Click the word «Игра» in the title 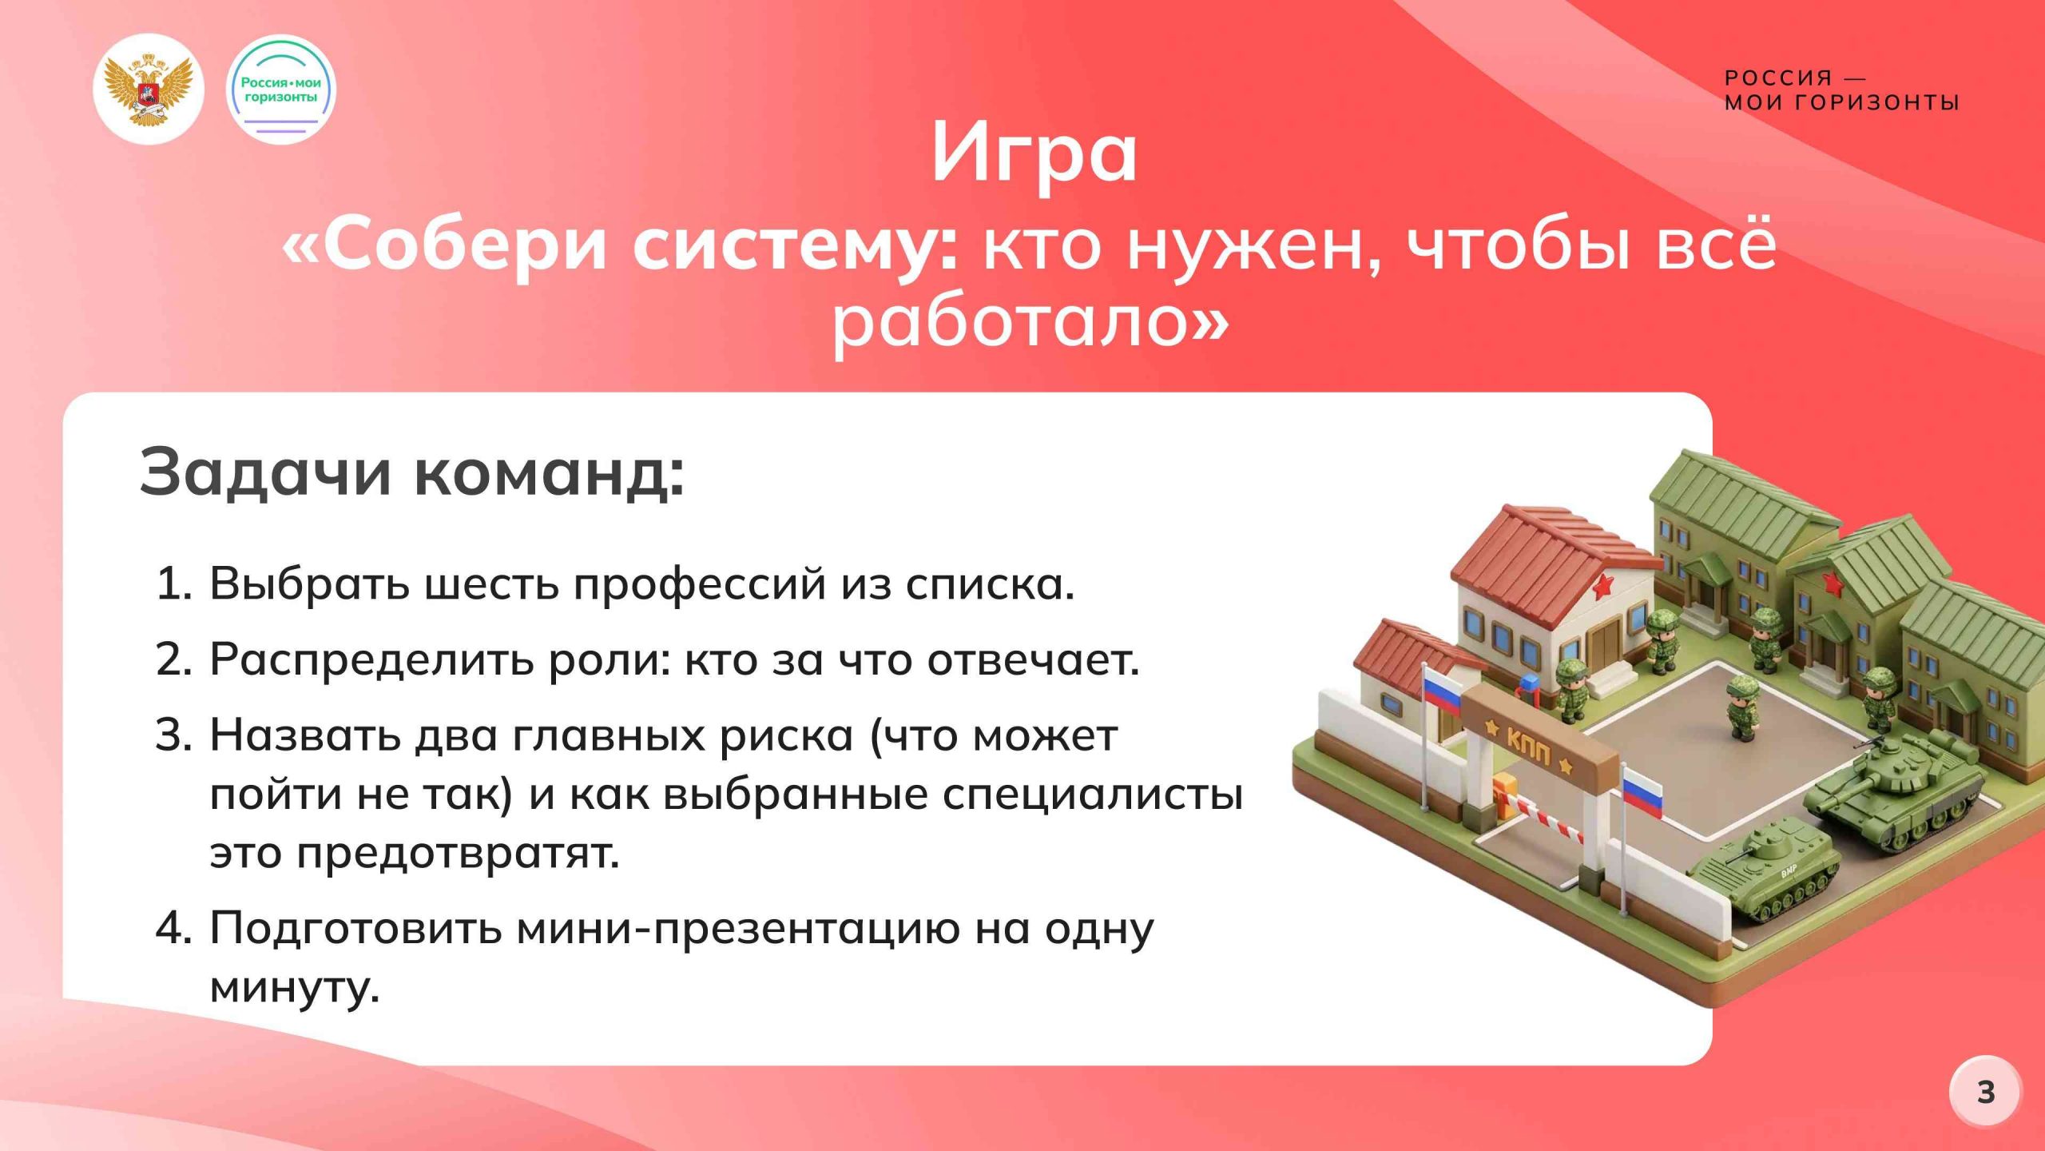[1034, 154]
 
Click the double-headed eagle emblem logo [149, 89]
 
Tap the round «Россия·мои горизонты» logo [280, 90]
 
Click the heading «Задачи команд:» [411, 472]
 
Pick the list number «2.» [174, 660]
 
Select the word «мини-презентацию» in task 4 [738, 929]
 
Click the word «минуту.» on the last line [294, 987]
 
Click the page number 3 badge [1986, 1092]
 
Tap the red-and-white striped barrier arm [1543, 819]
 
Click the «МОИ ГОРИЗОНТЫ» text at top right [1841, 102]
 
